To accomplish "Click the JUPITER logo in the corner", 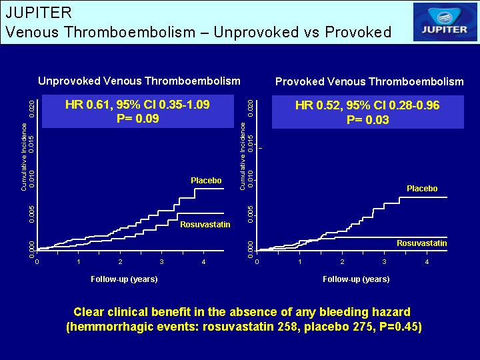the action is pos(445,22).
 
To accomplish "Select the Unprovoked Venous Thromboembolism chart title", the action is pos(139,81).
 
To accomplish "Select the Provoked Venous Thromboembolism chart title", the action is pos(369,81).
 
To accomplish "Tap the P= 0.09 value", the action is pos(138,119).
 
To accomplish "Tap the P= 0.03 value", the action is pos(367,119).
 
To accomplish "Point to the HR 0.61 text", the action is pos(87,105).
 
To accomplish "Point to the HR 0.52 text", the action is pos(317,105).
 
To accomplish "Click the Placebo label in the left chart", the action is pos(206,180).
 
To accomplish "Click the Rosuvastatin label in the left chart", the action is pos(205,225).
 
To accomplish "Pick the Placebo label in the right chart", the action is pos(422,188).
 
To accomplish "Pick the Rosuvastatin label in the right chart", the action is pos(422,243).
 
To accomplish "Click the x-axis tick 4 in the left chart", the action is pos(203,262).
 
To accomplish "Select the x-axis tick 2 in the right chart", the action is pos(342,262).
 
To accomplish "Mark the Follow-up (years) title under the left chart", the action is pos(124,279).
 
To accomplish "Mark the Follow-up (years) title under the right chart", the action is pos(356,279).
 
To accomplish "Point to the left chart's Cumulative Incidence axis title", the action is pos(24,157).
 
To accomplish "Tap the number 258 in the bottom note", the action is pos(287,326).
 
